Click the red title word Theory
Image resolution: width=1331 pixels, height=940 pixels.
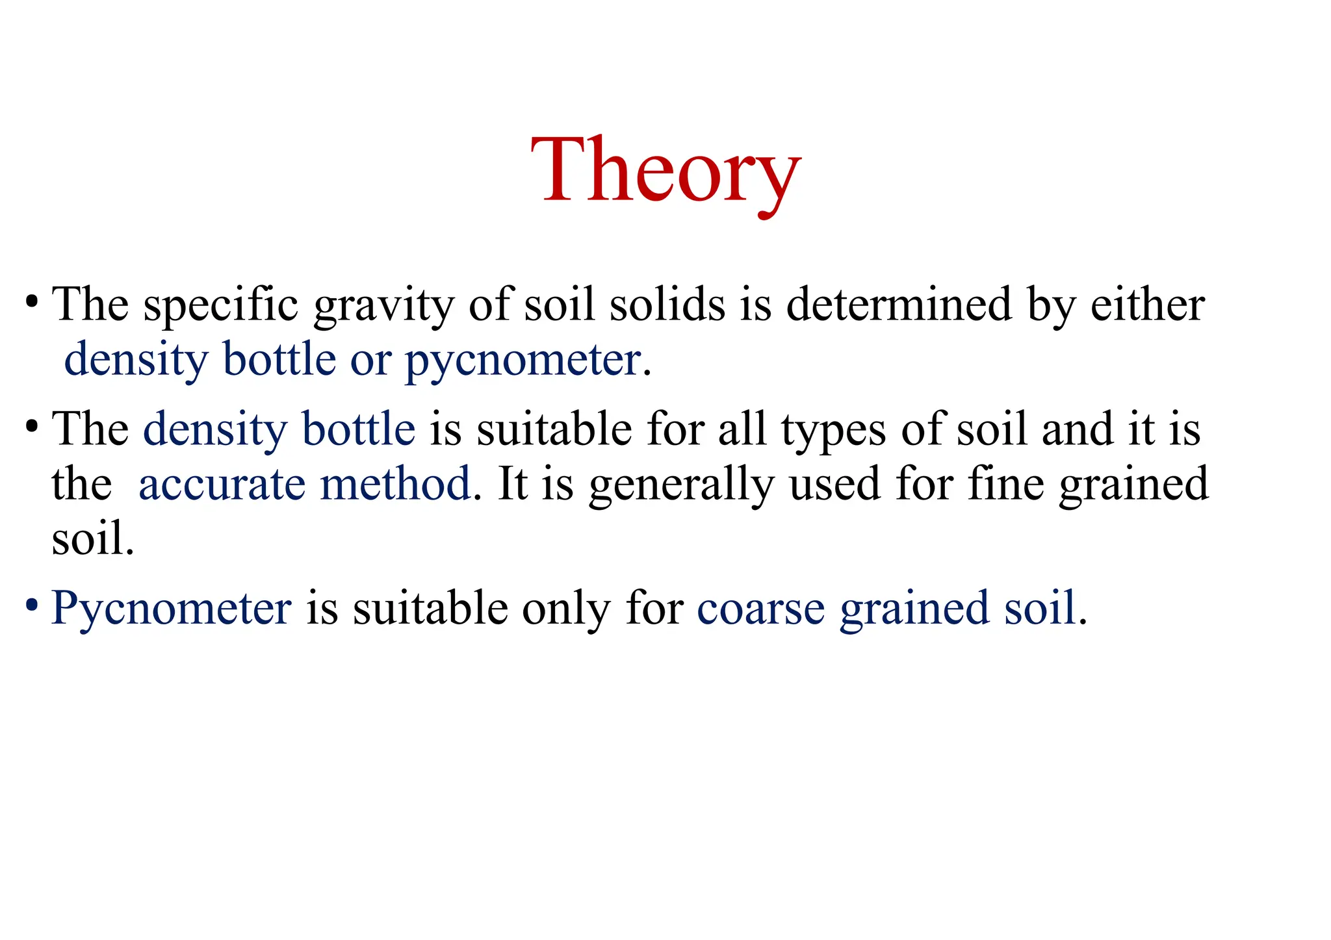[665, 170]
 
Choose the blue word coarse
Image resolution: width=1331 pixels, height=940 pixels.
[760, 609]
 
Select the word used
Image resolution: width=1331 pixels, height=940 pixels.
[834, 484]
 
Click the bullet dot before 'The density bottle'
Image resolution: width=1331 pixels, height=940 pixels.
[31, 427]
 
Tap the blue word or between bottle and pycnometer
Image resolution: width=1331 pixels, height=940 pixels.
[370, 360]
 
